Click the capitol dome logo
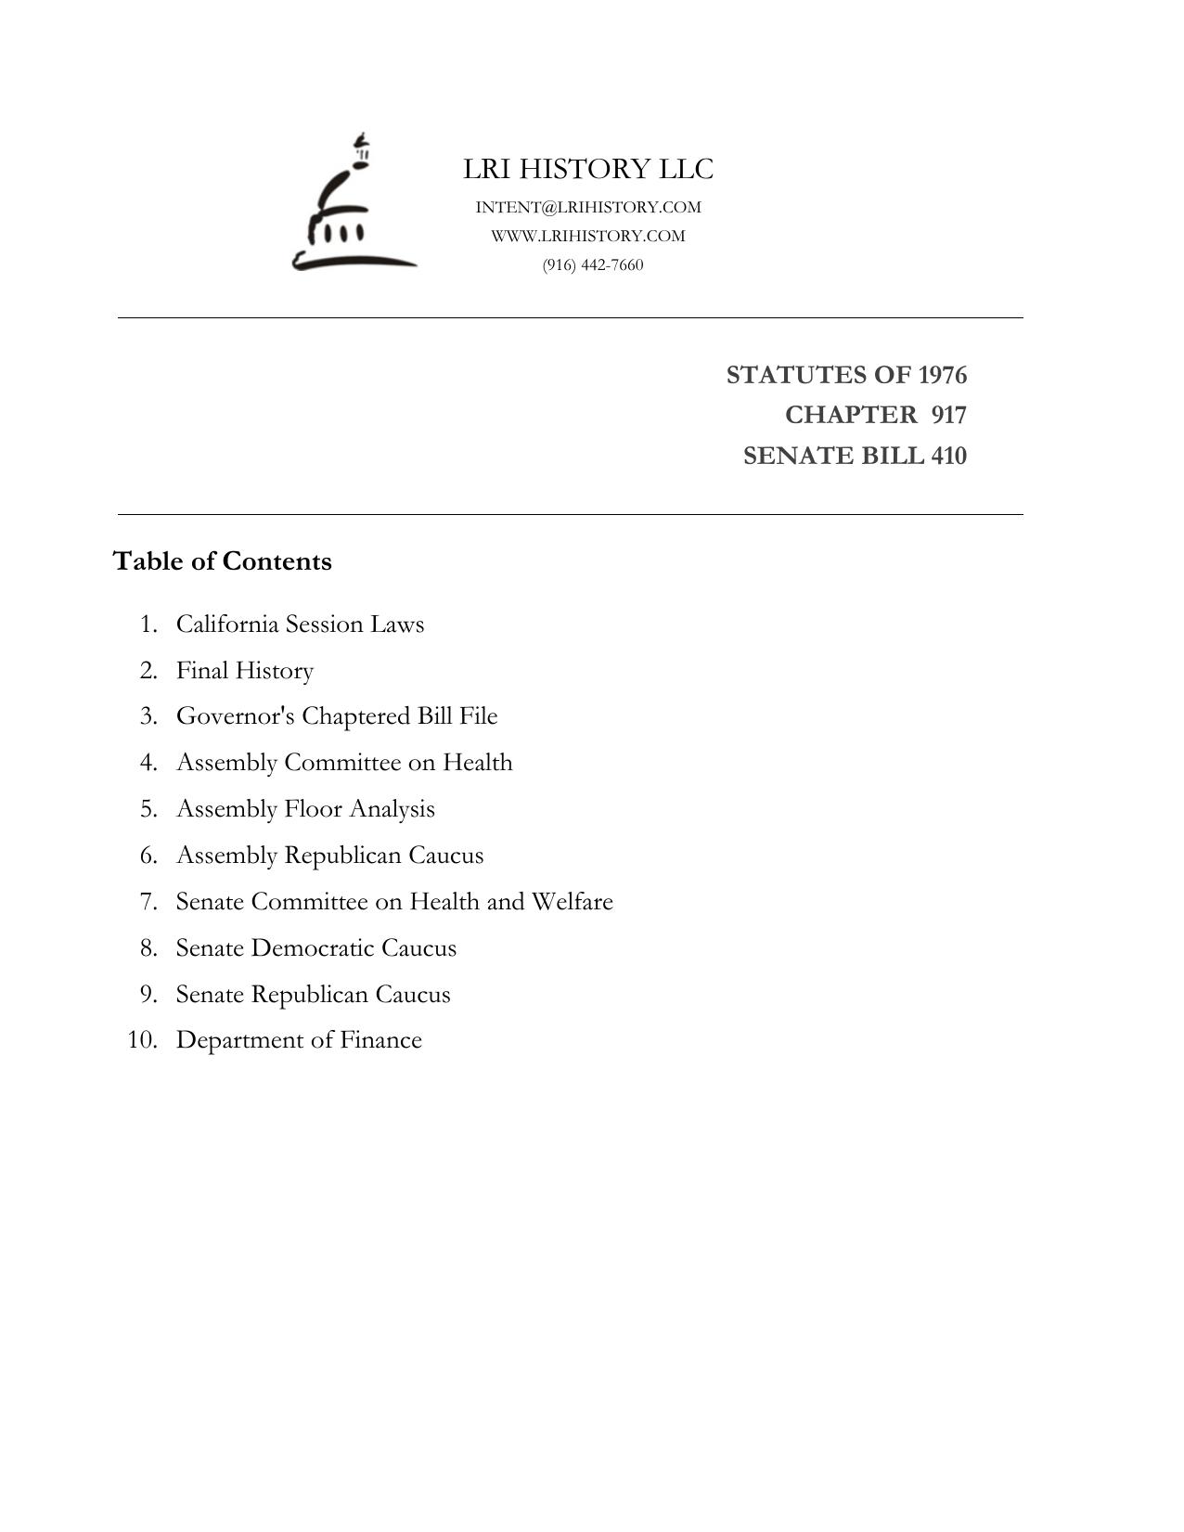(353, 205)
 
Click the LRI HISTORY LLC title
(588, 169)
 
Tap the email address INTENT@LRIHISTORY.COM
(588, 207)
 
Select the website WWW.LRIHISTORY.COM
(588, 236)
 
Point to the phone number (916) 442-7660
(593, 264)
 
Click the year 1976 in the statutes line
(942, 375)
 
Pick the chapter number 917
(948, 415)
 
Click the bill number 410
(948, 456)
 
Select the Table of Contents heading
(222, 561)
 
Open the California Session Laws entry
(300, 624)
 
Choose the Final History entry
(245, 670)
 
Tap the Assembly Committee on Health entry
(344, 763)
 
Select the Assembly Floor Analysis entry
(305, 809)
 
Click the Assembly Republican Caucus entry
(329, 856)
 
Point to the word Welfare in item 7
(572, 902)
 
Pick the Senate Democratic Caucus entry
(316, 948)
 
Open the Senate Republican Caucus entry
(313, 995)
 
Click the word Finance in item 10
(380, 1040)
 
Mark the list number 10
(142, 1040)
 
